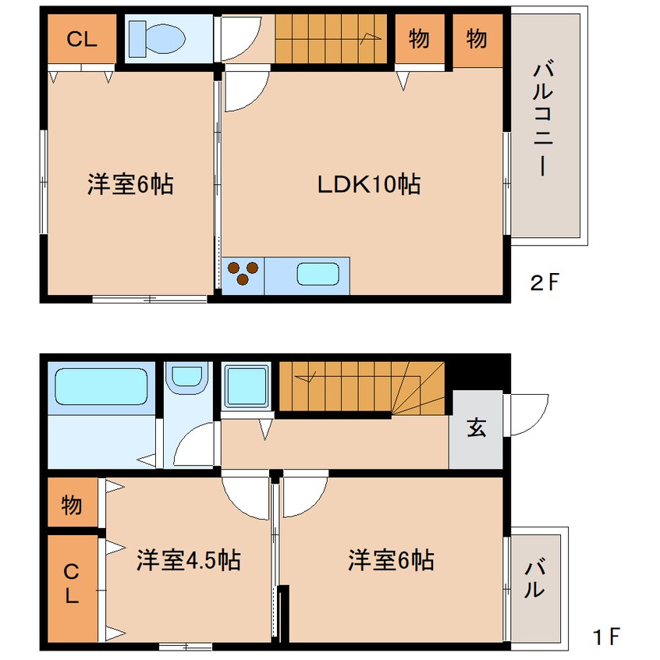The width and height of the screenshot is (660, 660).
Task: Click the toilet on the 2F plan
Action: point(157,39)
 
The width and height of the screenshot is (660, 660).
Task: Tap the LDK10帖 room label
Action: point(369,184)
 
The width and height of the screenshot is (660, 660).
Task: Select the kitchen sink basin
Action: point(318,274)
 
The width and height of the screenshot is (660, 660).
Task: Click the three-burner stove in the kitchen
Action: point(243,273)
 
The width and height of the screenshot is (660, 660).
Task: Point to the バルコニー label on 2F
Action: point(542,119)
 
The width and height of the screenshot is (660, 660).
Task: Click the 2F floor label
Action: point(545,282)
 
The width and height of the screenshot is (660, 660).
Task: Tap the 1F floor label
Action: point(605,637)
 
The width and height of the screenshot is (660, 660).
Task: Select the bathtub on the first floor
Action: point(101,386)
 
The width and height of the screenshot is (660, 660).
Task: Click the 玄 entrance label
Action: point(477,428)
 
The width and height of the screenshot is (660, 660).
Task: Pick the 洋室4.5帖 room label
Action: point(188,560)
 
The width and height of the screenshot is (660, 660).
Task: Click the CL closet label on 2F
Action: point(82,39)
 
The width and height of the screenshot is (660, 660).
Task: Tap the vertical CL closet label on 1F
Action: point(72,583)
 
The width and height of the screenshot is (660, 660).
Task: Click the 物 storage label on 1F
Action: point(72,504)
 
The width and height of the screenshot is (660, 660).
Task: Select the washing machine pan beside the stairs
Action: point(247,387)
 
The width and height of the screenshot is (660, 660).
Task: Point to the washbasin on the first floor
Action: point(187,377)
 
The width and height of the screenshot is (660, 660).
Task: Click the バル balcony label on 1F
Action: point(534,578)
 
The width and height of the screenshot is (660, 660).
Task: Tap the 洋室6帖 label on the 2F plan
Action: point(130,184)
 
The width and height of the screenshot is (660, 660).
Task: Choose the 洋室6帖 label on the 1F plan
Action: point(391,560)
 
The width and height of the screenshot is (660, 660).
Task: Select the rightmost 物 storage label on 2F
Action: point(477,39)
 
